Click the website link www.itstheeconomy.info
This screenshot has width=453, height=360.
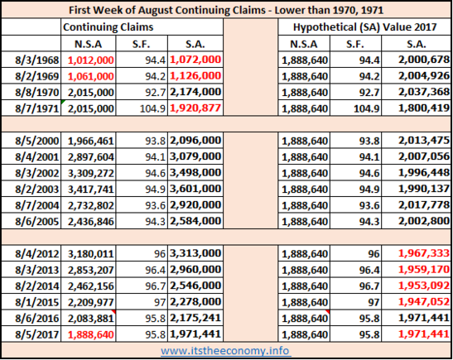tap(224, 351)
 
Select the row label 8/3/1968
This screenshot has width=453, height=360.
tap(37, 60)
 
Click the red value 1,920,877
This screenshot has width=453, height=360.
tap(195, 108)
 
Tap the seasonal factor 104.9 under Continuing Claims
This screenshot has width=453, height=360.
tap(152, 109)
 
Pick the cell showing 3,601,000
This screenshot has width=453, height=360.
tap(195, 189)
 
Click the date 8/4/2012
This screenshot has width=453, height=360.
tap(37, 254)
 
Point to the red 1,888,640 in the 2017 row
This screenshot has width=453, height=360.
tap(91, 335)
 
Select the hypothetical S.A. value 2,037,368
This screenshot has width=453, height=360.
tap(424, 92)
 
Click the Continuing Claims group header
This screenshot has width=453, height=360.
tap(108, 27)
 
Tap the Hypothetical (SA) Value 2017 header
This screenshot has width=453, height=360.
tap(364, 27)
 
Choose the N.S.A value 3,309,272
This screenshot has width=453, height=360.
tap(91, 173)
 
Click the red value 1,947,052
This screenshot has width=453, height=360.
tap(424, 302)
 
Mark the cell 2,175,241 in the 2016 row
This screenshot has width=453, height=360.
tap(195, 318)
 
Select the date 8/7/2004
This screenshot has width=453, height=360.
tap(37, 205)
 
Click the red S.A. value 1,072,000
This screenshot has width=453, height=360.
tap(195, 60)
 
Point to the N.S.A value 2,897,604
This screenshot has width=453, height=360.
tap(91, 157)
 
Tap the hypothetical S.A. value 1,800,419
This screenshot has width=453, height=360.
tap(424, 108)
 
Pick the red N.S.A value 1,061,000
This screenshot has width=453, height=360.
tap(91, 76)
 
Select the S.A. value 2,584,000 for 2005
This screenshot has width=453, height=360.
tap(195, 221)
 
